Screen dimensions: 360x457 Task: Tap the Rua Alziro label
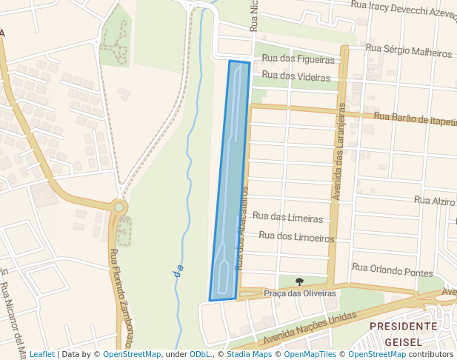pyautogui.click(x=435, y=201)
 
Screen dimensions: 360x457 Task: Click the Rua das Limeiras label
pyautogui.click(x=287, y=218)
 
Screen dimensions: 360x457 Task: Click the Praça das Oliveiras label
pyautogui.click(x=300, y=293)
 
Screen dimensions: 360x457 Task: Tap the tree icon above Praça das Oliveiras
pyautogui.click(x=299, y=281)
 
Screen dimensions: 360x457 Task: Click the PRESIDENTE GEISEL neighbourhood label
pyautogui.click(x=403, y=334)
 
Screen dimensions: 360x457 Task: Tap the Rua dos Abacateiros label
pyautogui.click(x=242, y=228)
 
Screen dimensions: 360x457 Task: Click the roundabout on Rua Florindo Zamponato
pyautogui.click(x=119, y=207)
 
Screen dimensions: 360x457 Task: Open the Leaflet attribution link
pyautogui.click(x=41, y=354)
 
